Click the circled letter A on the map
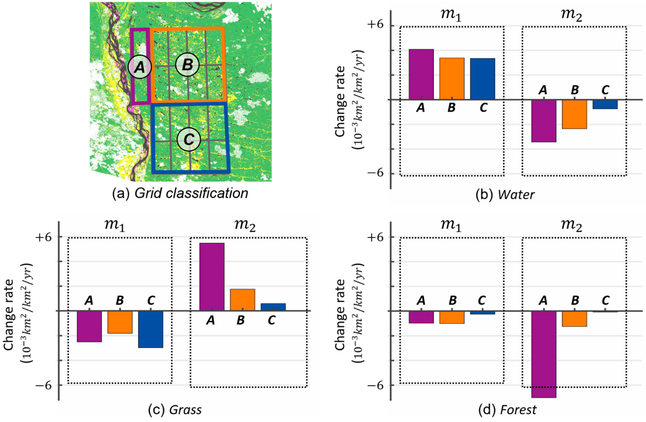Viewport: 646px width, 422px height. tap(140, 67)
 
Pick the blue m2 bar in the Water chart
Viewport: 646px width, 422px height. tap(605, 104)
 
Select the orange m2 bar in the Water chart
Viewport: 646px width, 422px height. tap(574, 114)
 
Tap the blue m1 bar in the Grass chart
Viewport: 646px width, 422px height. tap(151, 329)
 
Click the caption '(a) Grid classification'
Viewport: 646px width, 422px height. tap(180, 193)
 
